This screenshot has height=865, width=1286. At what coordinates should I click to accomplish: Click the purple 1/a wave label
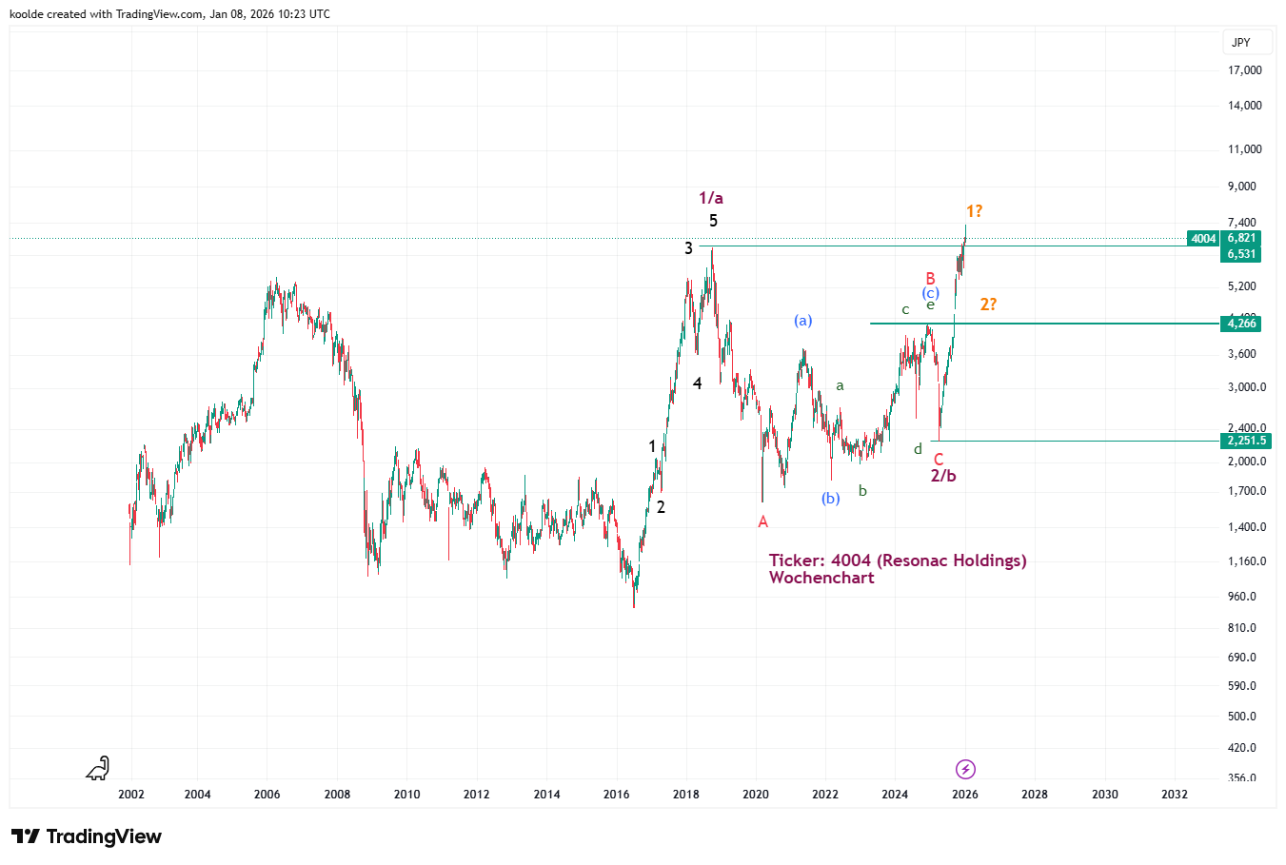pyautogui.click(x=711, y=198)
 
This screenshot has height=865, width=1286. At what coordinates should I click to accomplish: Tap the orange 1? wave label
pyautogui.click(x=974, y=211)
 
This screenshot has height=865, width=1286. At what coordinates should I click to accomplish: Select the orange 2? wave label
pyautogui.click(x=988, y=305)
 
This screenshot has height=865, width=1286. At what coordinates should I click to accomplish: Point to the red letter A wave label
pyautogui.click(x=762, y=521)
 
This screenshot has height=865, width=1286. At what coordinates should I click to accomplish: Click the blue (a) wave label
pyautogui.click(x=803, y=321)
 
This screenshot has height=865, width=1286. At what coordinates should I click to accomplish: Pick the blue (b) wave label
pyautogui.click(x=831, y=499)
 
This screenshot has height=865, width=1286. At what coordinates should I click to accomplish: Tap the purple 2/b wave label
pyautogui.click(x=943, y=476)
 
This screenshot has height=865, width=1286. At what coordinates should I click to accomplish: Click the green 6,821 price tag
pyautogui.click(x=1241, y=239)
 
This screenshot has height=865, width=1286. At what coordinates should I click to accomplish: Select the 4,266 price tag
pyautogui.click(x=1241, y=324)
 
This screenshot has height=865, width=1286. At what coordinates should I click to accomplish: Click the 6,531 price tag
pyautogui.click(x=1241, y=254)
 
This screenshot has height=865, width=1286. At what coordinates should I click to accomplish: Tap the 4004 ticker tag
pyautogui.click(x=1203, y=239)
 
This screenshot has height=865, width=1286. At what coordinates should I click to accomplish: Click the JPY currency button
pyautogui.click(x=1240, y=43)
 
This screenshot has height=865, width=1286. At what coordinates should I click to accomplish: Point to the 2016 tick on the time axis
pyautogui.click(x=617, y=795)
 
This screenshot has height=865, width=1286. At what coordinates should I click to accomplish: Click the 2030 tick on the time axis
pyautogui.click(x=1104, y=795)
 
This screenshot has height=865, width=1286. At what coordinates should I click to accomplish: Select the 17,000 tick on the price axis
pyautogui.click(x=1245, y=70)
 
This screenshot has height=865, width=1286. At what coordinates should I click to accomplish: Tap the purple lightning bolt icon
pyautogui.click(x=965, y=769)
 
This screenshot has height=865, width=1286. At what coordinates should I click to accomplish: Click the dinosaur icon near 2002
pyautogui.click(x=98, y=768)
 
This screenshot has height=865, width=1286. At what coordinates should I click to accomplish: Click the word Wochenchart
pyautogui.click(x=821, y=578)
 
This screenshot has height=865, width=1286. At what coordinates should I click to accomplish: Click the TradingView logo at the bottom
pyautogui.click(x=87, y=836)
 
